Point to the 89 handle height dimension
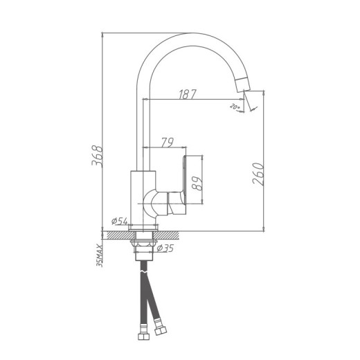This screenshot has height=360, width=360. click(x=197, y=182)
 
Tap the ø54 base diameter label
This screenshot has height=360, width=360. click(x=120, y=222)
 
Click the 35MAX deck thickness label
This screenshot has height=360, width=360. click(x=100, y=254)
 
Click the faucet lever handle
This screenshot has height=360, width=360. click(x=186, y=183)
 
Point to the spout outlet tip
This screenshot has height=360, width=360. click(x=244, y=84)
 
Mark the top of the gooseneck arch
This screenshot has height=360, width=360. click(x=190, y=36)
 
